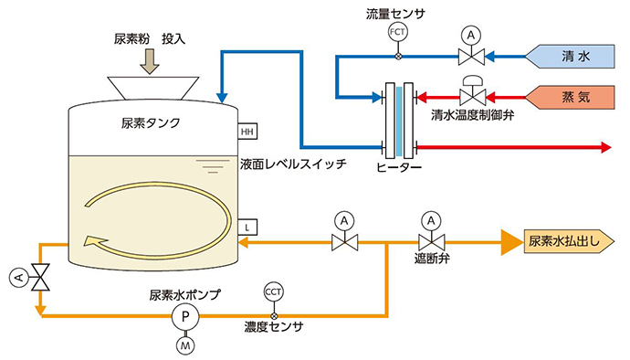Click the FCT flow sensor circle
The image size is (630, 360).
tap(397, 32)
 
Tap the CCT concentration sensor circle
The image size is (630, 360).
tap(273, 292)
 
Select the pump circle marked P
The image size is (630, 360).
tap(185, 316)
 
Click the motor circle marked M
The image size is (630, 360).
tap(185, 345)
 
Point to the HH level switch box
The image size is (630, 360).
tap(247, 132)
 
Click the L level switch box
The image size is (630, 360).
tap(247, 228)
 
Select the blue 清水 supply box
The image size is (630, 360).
tap(570, 57)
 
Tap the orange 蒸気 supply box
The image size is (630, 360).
tap(570, 97)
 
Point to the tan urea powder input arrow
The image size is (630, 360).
tap(150, 60)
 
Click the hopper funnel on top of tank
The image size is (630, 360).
tap(153, 88)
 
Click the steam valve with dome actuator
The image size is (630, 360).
tap(473, 90)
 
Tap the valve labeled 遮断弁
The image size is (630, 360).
tap(432, 235)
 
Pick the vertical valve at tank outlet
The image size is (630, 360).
tap(40, 278)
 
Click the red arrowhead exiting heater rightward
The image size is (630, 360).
tap(606, 148)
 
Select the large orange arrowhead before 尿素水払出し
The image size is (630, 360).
tap(510, 242)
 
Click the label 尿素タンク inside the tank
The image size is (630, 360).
tap(151, 123)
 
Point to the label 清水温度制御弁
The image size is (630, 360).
tap(473, 115)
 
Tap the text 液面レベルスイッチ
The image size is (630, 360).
tap(293, 164)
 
